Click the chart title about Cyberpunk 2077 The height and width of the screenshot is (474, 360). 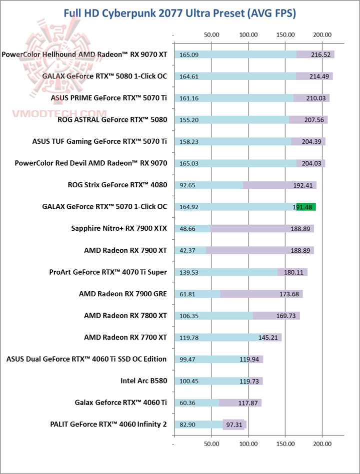click(x=179, y=13)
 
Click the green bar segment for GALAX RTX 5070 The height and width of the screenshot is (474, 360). click(x=306, y=207)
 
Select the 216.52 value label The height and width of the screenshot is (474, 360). click(x=320, y=54)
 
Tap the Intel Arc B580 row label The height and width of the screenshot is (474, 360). click(x=143, y=381)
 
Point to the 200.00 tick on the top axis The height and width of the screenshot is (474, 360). click(x=322, y=35)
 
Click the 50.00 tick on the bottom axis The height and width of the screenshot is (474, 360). click(x=211, y=443)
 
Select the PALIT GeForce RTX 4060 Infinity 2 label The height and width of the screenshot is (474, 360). click(x=108, y=425)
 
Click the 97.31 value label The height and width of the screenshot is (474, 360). click(x=233, y=425)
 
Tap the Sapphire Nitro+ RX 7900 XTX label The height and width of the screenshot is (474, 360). click(x=119, y=229)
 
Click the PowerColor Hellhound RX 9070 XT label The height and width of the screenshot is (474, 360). click(x=84, y=54)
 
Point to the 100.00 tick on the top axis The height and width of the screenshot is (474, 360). click(x=248, y=35)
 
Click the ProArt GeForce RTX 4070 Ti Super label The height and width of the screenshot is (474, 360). click(x=108, y=272)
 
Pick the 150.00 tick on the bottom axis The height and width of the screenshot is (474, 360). click(x=285, y=443)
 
